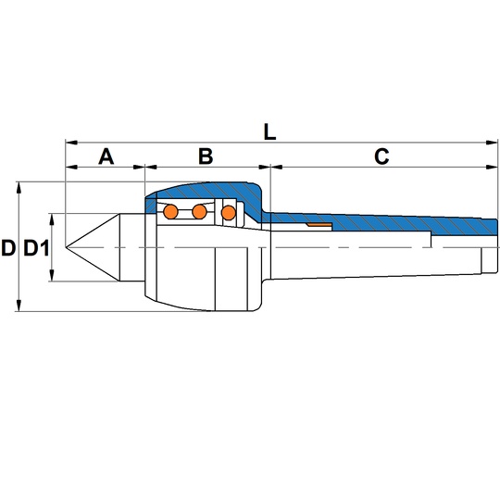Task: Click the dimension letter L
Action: click(269, 132)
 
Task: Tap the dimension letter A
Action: click(106, 156)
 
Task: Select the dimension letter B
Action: click(206, 156)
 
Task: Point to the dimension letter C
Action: click(381, 156)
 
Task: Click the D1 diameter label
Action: click(37, 248)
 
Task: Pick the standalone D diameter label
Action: click(8, 248)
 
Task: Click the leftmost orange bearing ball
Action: click(170, 212)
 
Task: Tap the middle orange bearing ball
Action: click(200, 212)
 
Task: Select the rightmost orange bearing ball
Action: click(229, 213)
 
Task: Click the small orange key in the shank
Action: click(319, 225)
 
